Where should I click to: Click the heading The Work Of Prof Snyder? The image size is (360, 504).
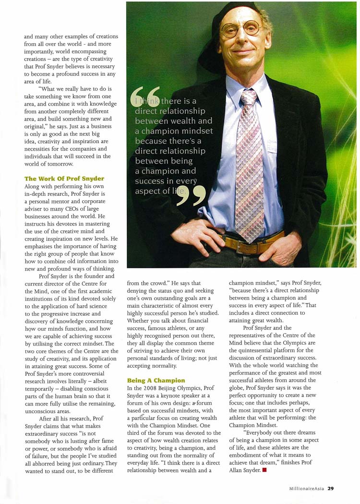point(64,179)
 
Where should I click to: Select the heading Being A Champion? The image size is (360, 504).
point(156,381)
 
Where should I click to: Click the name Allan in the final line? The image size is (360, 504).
point(238,471)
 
